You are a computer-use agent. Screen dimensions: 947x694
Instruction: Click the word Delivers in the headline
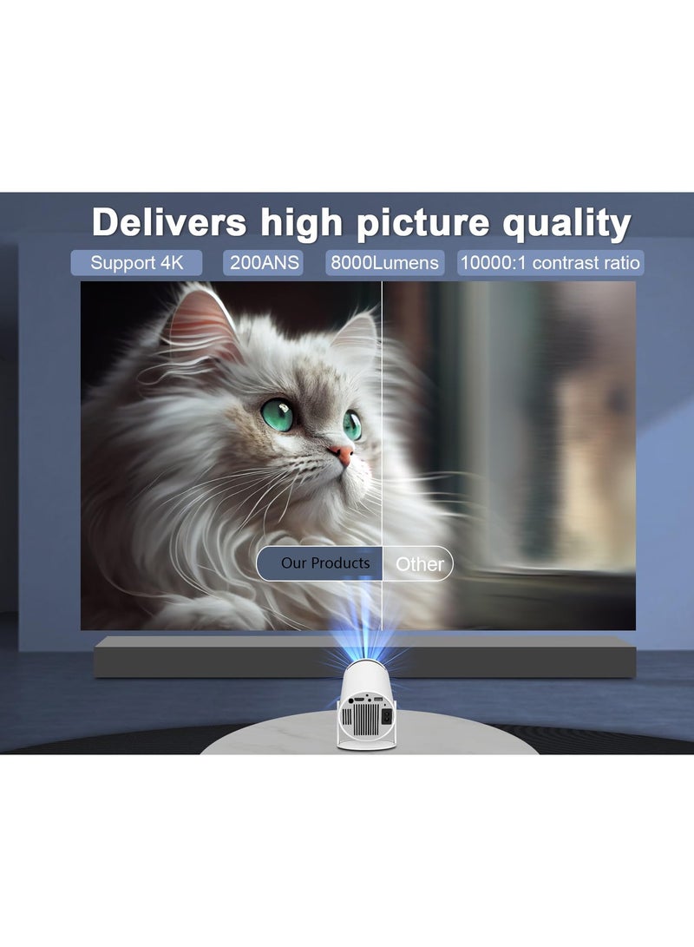169,222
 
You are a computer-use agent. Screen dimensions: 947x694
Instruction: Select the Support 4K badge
136,263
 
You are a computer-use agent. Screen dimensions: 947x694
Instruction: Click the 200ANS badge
263,263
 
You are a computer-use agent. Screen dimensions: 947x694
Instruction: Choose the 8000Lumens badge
384,263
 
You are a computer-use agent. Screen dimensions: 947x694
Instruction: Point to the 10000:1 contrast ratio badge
550,263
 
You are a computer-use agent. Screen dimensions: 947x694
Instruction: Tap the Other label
420,564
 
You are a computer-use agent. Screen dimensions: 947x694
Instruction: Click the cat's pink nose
342,454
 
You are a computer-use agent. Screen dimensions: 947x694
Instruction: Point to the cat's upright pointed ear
201,321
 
